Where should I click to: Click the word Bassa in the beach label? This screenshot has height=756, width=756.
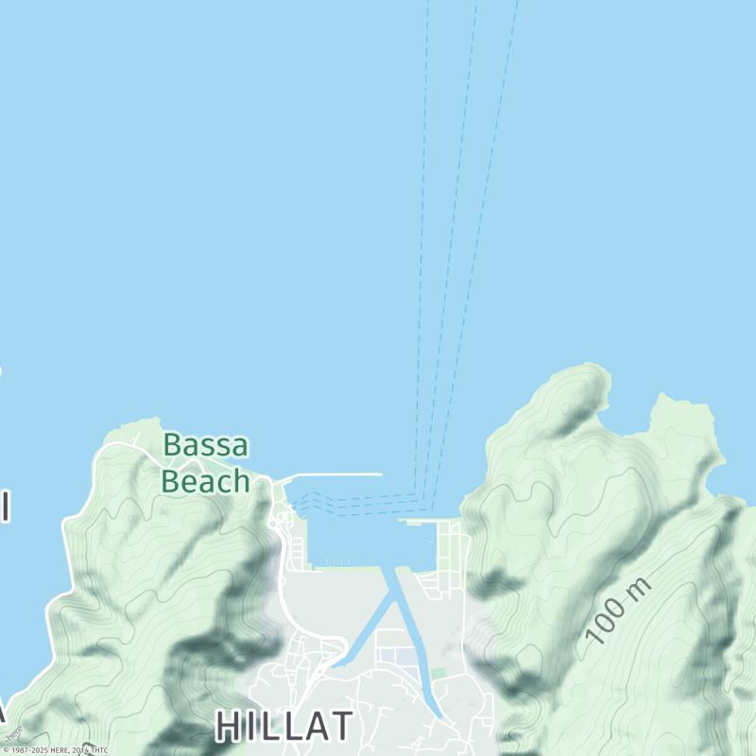[x=205, y=444]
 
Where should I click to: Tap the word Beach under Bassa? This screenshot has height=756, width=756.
[x=205, y=481]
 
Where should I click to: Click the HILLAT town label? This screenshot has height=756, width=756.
[x=283, y=726]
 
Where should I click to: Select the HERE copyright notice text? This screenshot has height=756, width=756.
[x=55, y=750]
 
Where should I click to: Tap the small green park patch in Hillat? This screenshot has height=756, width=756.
[x=438, y=673]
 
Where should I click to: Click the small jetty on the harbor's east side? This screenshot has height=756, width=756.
[x=416, y=521]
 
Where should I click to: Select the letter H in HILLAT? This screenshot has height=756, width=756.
[x=229, y=726]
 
